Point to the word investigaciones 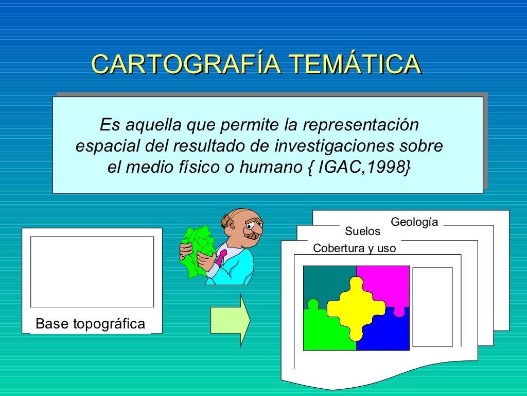point(335,146)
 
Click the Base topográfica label point(91,324)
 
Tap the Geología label point(414,222)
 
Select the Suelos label point(362,231)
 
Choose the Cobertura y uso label point(355,249)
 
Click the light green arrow point(230,320)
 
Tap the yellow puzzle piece point(356,308)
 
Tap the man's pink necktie point(221,256)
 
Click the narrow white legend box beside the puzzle point(432,307)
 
